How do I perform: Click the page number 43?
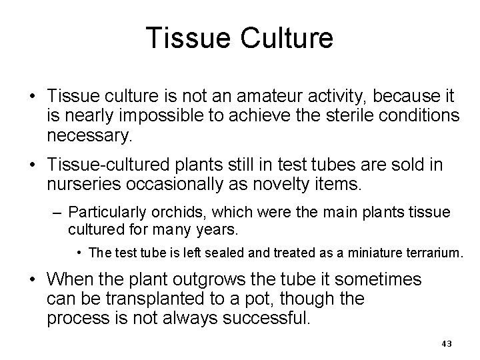click(447, 343)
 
